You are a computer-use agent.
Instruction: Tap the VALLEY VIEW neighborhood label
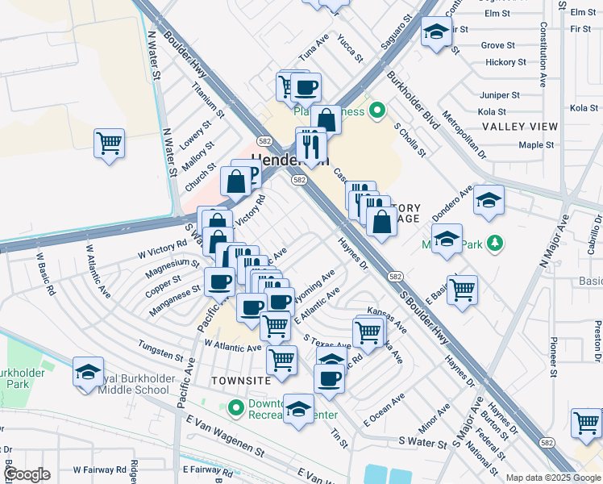[x=520, y=127]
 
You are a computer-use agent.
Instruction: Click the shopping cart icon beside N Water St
[x=109, y=144]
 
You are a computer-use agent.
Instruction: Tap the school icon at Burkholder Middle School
[x=88, y=372]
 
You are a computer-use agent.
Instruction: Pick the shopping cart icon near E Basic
[x=462, y=290]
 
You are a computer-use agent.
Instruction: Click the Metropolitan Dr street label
[x=468, y=134]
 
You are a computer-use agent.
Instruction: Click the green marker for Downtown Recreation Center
[x=235, y=409]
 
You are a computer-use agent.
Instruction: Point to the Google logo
[x=27, y=474]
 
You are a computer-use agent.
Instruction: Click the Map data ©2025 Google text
[x=553, y=478]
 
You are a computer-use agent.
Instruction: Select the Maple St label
[x=536, y=145]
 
